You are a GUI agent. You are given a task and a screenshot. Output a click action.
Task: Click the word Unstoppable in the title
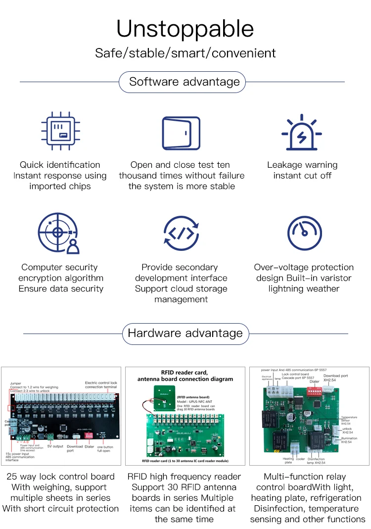click(185, 29)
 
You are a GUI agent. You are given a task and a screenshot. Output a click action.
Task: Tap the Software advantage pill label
click(185, 82)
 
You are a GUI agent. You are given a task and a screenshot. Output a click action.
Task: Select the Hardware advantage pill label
click(185, 333)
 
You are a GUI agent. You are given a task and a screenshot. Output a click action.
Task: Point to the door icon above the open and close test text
click(181, 133)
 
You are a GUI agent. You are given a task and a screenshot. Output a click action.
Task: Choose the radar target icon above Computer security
click(58, 233)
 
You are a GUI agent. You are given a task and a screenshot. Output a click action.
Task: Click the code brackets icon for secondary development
click(181, 233)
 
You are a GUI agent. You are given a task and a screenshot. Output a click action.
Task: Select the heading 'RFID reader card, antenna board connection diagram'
click(185, 375)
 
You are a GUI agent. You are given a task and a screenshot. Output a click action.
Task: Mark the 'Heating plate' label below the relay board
click(289, 460)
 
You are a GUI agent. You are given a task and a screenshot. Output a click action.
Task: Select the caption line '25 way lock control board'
click(61, 477)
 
